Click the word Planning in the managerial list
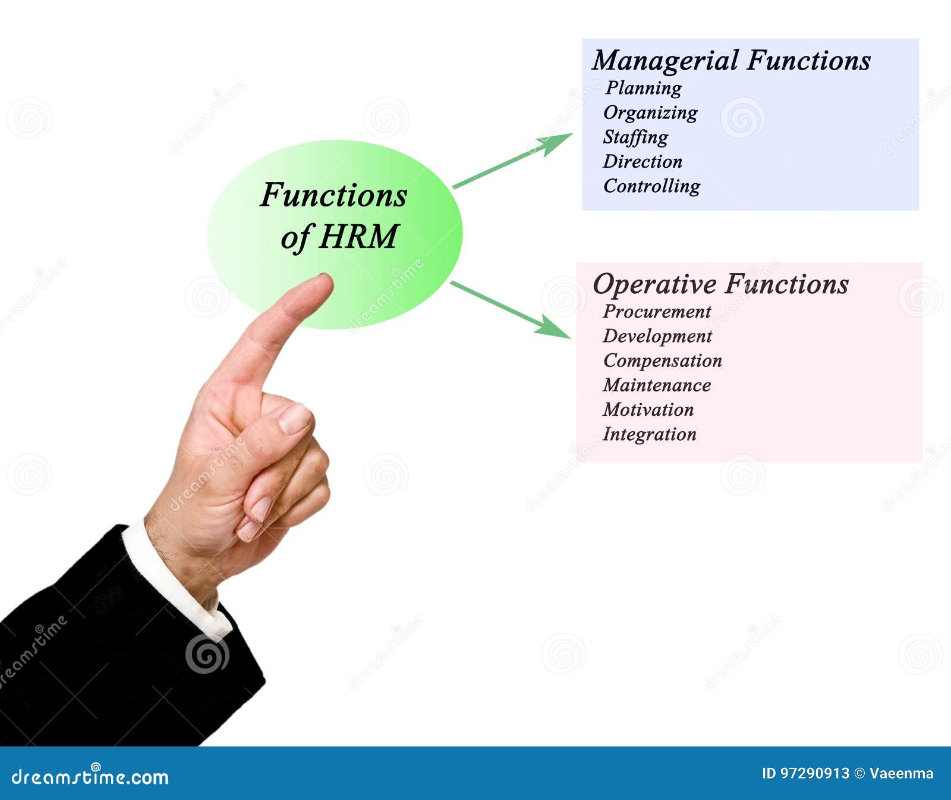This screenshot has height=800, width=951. [x=644, y=88]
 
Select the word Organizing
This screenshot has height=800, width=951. [x=650, y=112]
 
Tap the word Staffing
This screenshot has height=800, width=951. [x=635, y=137]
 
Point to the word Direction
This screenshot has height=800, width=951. [x=643, y=161]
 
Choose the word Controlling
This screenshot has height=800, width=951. [x=651, y=186]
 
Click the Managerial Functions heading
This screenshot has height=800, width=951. [x=731, y=61]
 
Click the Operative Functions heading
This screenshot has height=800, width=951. [x=720, y=284]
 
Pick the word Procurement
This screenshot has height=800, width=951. [x=657, y=312]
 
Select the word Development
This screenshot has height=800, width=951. [x=657, y=336]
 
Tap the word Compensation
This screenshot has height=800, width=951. [x=663, y=360]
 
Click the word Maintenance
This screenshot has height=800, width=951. [x=657, y=385]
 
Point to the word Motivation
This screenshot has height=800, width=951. [x=648, y=410]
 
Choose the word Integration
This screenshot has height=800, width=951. [x=650, y=434]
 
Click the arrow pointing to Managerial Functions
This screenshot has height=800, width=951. [x=512, y=161]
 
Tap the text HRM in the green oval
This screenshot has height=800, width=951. [x=358, y=237]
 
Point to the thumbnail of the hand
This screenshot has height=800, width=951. [x=295, y=418]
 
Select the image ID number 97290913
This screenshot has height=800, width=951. [x=814, y=773]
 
